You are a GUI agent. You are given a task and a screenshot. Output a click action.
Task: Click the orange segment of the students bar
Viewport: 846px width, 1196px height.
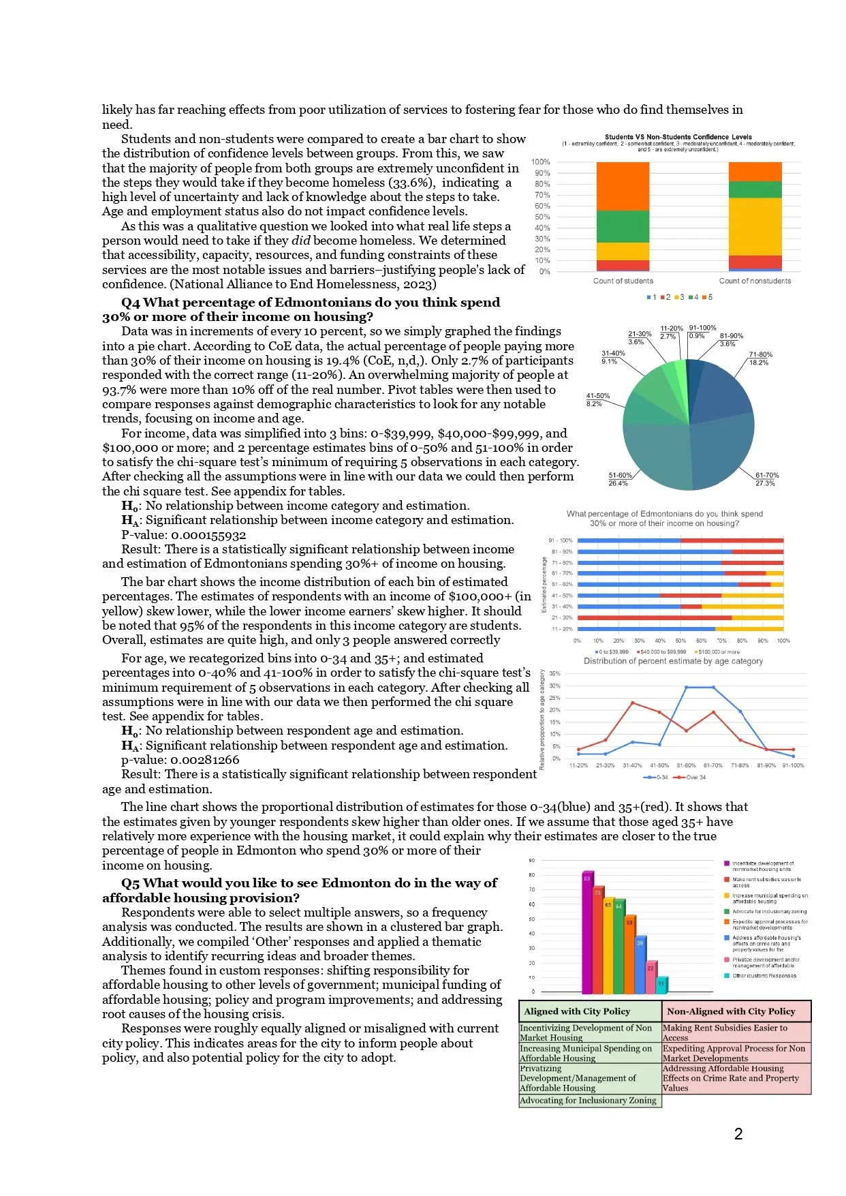(x=623, y=186)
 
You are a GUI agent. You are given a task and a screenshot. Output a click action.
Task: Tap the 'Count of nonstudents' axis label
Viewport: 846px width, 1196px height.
(x=755, y=281)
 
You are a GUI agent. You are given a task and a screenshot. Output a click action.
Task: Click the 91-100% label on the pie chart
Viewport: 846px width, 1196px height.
(x=702, y=328)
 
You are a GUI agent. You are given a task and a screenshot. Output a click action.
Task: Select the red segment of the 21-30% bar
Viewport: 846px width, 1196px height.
(x=654, y=617)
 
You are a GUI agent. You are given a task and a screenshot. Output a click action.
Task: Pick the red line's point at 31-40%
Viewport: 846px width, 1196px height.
(x=633, y=703)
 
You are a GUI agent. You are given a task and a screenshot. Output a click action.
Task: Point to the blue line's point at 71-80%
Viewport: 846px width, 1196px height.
(x=740, y=711)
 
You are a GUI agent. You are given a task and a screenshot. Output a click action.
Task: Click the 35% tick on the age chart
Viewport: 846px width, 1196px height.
(x=554, y=673)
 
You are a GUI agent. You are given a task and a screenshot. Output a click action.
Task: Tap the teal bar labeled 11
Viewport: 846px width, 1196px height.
(x=661, y=985)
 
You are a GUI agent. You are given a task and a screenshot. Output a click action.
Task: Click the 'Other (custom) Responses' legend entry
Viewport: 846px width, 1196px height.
(x=763, y=976)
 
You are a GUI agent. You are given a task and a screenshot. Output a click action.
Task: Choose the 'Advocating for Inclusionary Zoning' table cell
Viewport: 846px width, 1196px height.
(x=588, y=1100)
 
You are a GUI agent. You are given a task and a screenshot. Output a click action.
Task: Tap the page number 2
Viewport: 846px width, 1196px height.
(x=738, y=1134)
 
